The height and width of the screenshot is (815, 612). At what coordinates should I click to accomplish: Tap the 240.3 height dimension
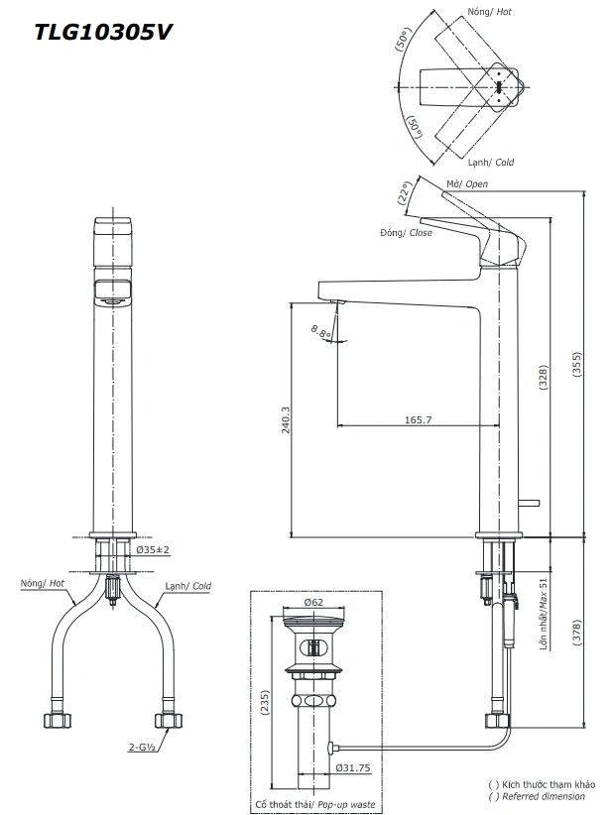point(286,421)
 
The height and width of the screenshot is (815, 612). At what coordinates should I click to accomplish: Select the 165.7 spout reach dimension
point(418,420)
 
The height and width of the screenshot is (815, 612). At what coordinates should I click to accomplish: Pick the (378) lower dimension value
point(578,634)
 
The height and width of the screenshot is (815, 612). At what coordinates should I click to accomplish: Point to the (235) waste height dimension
point(264,701)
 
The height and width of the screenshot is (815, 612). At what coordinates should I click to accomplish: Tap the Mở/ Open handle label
point(465,183)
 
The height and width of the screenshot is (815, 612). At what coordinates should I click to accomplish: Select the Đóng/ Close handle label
point(406,232)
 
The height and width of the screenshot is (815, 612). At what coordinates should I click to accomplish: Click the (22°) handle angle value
point(404,191)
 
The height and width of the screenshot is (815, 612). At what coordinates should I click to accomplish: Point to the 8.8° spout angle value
point(320,332)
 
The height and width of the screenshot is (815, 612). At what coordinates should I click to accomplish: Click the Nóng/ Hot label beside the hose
point(43,584)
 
